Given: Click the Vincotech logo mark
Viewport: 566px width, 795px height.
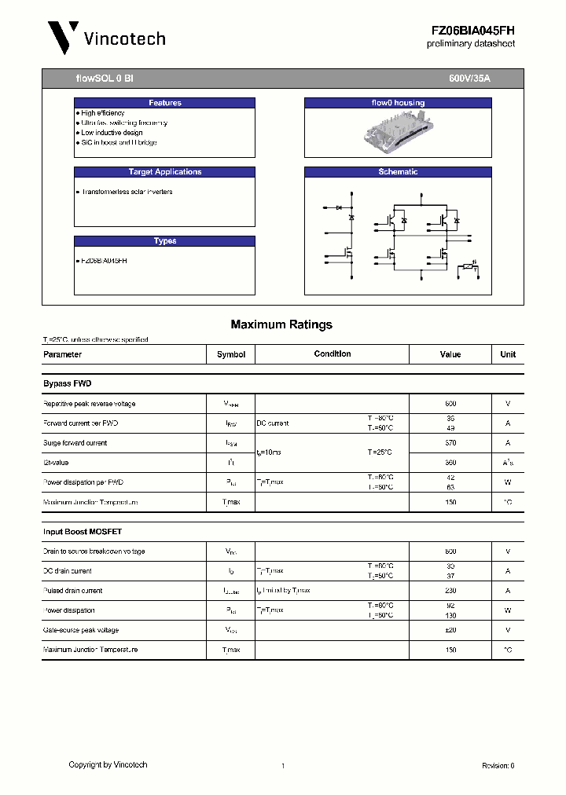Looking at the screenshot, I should (x=63, y=37).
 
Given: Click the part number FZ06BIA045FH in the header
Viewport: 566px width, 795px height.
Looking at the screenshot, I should (x=472, y=30).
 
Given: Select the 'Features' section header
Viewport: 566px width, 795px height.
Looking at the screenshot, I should (x=165, y=103).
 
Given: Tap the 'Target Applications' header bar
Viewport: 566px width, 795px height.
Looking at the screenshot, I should (x=165, y=172).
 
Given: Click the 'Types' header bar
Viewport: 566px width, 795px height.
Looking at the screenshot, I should (x=165, y=241).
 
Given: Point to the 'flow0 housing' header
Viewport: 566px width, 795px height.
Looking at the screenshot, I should (x=398, y=103).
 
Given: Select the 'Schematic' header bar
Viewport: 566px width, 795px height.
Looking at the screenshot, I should (x=398, y=172).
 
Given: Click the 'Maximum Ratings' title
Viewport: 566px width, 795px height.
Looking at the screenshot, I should (x=281, y=324).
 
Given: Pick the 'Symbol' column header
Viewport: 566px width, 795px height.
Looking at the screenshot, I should (x=231, y=354).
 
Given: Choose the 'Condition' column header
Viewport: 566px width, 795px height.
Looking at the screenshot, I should (x=333, y=354).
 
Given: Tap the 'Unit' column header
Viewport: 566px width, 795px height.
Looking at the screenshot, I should (x=508, y=354).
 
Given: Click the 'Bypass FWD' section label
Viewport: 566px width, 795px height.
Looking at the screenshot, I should (x=68, y=383).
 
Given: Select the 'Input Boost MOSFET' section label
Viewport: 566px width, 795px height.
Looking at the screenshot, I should (x=83, y=532).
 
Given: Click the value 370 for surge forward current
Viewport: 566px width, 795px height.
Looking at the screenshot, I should (x=450, y=443).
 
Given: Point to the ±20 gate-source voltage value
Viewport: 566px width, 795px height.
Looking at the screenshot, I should (x=450, y=630).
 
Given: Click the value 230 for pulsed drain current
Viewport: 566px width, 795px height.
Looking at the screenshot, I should (x=450, y=591).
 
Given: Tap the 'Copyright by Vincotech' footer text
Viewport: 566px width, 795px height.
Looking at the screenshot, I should (x=108, y=764).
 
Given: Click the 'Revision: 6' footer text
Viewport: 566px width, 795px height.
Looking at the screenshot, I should (x=498, y=765).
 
